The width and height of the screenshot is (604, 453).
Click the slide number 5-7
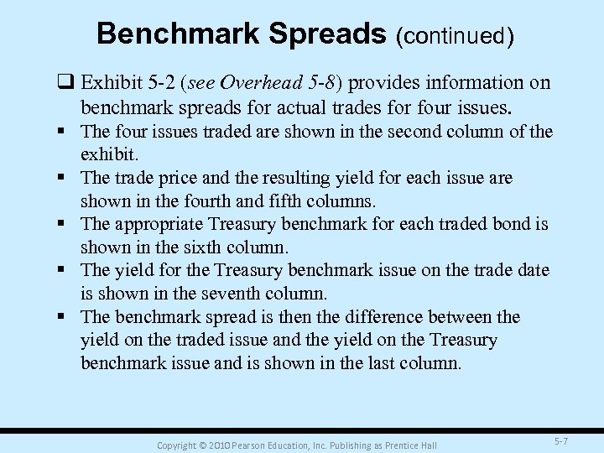coord(561,441)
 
